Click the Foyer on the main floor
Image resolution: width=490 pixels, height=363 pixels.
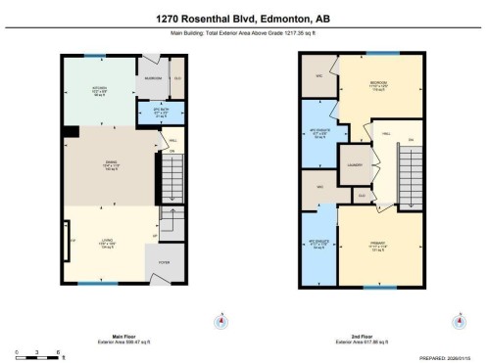point(166,262)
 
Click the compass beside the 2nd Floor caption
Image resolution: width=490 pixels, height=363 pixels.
point(458,320)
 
